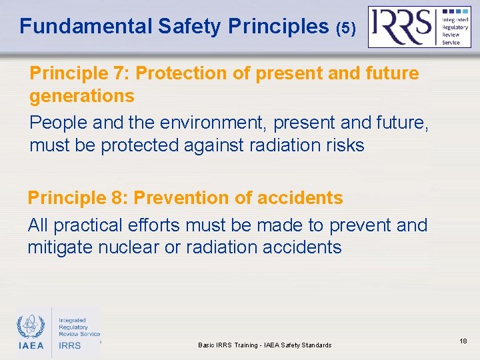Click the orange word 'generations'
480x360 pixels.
81,96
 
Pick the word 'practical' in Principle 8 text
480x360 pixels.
97,225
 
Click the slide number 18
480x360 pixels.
463,341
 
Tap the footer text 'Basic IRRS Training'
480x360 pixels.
230,345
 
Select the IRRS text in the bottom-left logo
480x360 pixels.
69,345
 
